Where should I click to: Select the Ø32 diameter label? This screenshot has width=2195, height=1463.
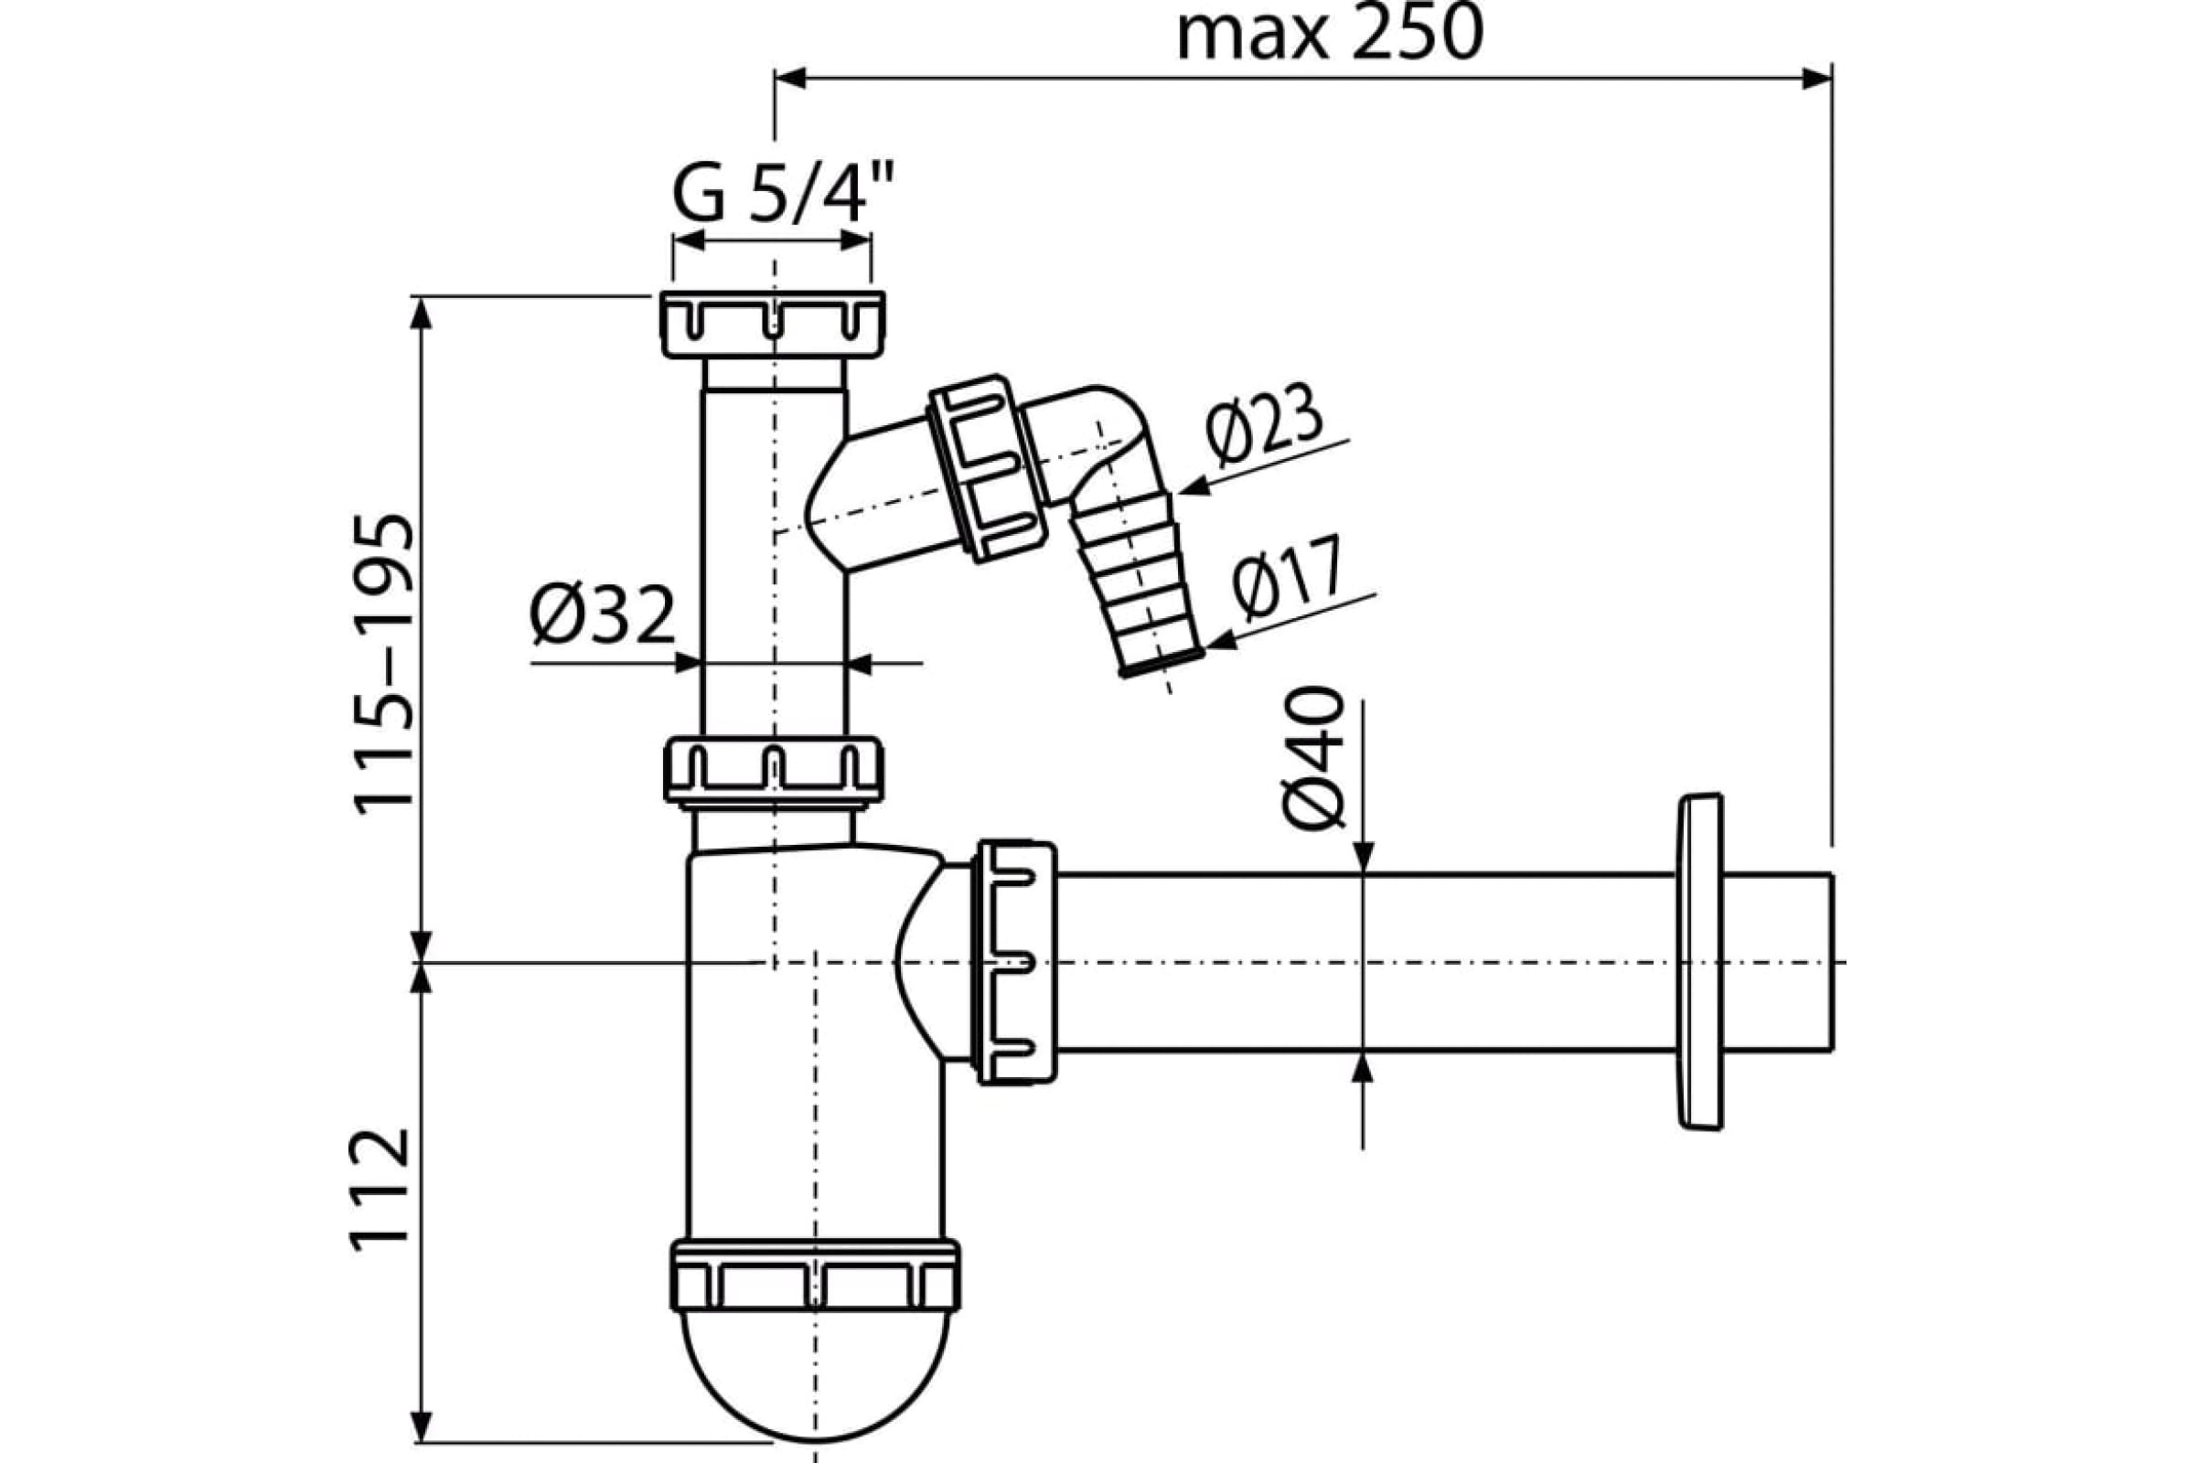603,615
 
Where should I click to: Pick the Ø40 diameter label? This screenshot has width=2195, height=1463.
1313,758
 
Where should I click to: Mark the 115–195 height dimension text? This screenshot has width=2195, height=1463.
383,664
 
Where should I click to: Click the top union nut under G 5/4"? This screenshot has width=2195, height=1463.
773,324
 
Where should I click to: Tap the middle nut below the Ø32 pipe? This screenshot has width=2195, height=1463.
774,770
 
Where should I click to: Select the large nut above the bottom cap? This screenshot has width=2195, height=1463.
816,1276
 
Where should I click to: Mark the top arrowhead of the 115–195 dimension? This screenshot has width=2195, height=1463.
422,313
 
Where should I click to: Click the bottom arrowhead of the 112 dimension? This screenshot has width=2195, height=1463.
423,1425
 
